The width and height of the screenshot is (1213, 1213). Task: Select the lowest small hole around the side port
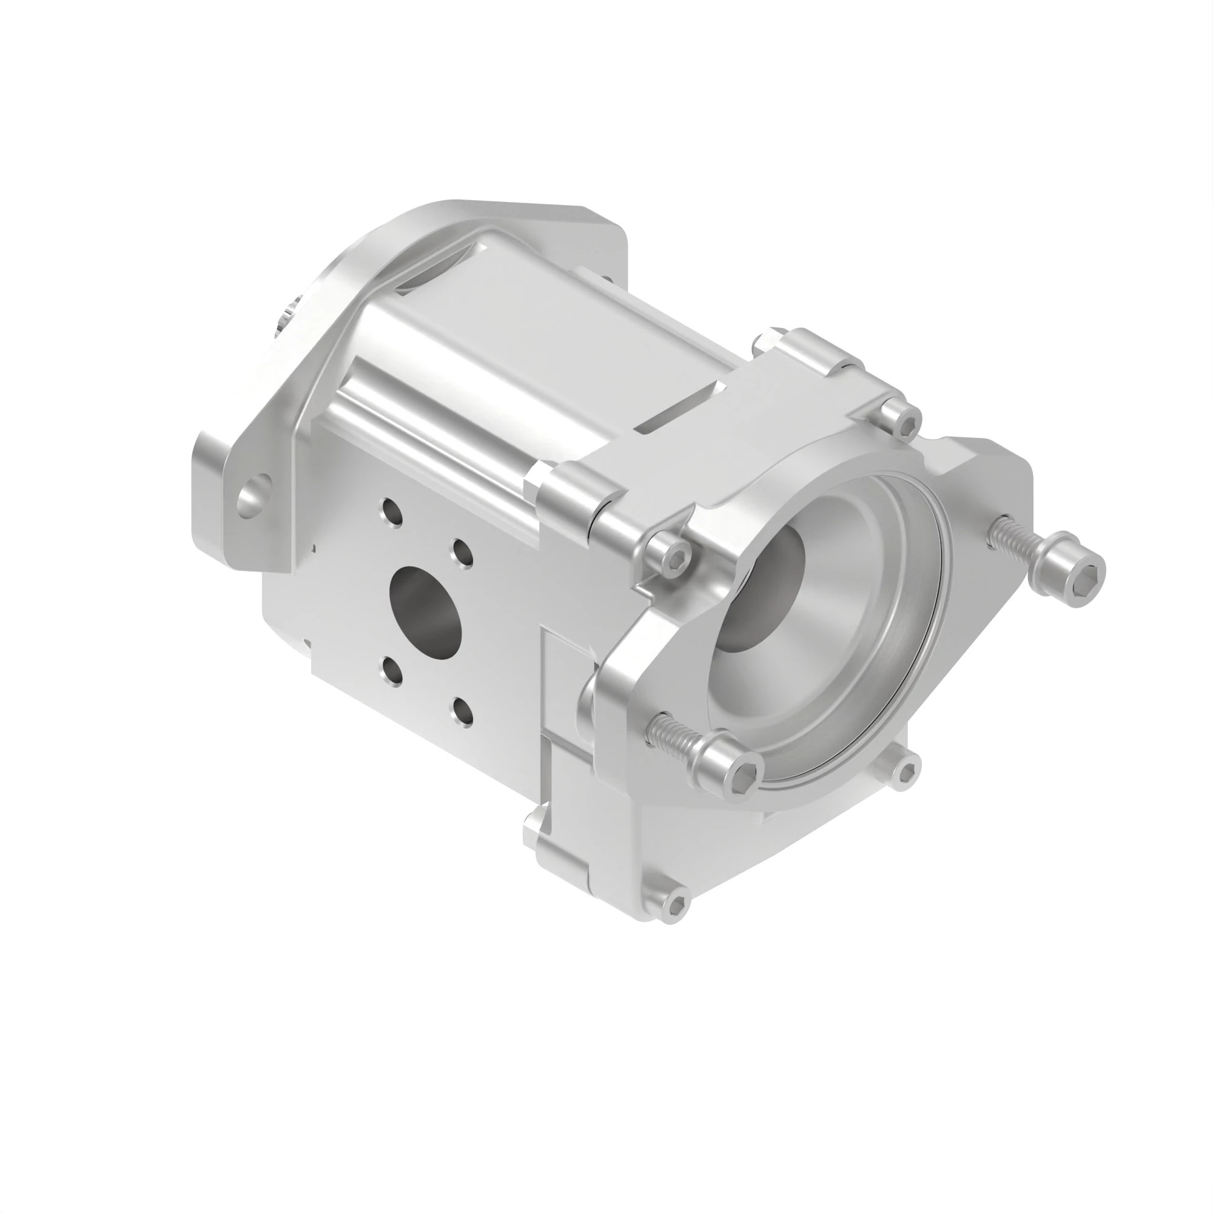click(463, 712)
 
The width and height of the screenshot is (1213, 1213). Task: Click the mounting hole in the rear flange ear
click(253, 496)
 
